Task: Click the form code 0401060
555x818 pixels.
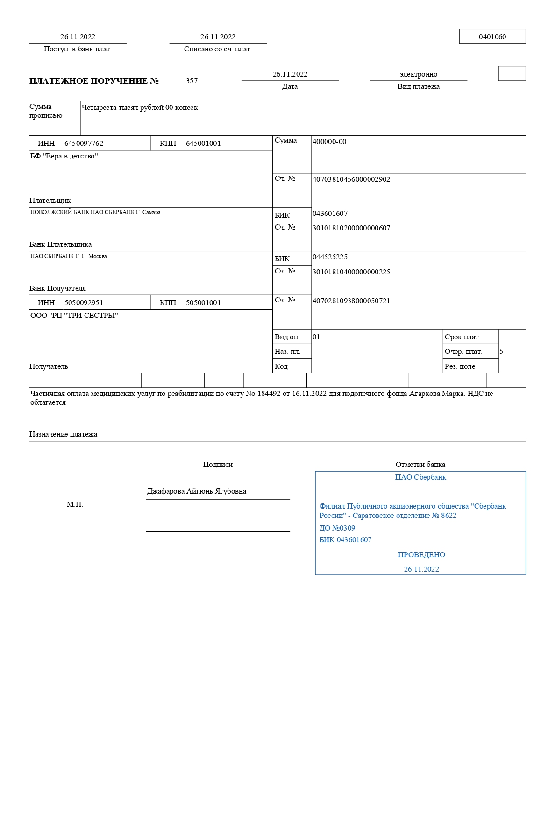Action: [x=492, y=37]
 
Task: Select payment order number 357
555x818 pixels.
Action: [x=192, y=81]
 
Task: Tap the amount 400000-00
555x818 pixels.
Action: [x=329, y=142]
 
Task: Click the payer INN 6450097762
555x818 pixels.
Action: [x=84, y=144]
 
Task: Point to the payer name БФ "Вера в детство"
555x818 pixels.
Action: [x=64, y=156]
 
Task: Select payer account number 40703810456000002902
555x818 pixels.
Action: [x=351, y=179]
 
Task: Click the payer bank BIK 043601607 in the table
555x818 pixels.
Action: [x=330, y=214]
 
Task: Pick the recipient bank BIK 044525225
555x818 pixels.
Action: [x=330, y=257]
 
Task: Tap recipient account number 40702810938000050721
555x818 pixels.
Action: [x=351, y=301]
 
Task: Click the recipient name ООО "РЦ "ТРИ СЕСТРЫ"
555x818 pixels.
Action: [x=74, y=316]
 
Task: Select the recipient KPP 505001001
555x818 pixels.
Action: [x=203, y=303]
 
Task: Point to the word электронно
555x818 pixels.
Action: [x=418, y=74]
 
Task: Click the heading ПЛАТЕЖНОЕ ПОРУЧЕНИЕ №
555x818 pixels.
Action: [x=94, y=81]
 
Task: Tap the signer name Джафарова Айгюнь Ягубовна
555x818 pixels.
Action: [x=197, y=491]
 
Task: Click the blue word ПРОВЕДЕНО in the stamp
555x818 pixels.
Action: [x=421, y=555]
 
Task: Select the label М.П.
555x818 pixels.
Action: [x=75, y=504]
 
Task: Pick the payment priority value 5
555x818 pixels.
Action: [x=501, y=352]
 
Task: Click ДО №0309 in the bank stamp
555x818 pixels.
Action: [x=337, y=528]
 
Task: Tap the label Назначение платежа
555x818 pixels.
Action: [x=63, y=434]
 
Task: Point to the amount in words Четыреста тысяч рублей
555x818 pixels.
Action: [x=122, y=108]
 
